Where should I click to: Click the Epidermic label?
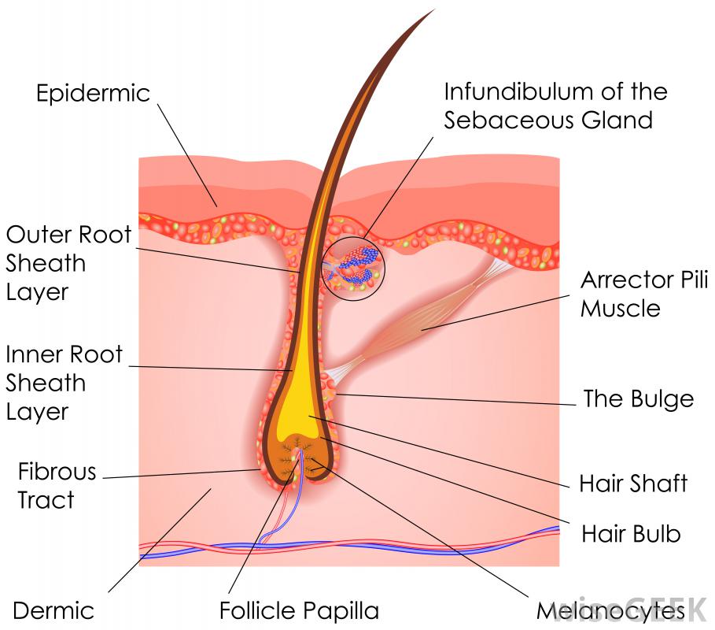click(x=93, y=93)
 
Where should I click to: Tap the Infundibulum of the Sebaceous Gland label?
click(x=555, y=106)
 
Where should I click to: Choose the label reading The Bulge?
click(x=638, y=398)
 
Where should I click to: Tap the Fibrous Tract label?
click(x=57, y=486)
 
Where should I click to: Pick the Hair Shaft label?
click(x=633, y=483)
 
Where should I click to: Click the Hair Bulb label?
click(x=631, y=534)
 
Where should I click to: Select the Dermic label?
click(x=53, y=610)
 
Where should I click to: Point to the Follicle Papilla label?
click(x=299, y=610)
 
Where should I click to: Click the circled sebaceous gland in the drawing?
click(x=354, y=266)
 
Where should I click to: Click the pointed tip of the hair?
click(x=432, y=11)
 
